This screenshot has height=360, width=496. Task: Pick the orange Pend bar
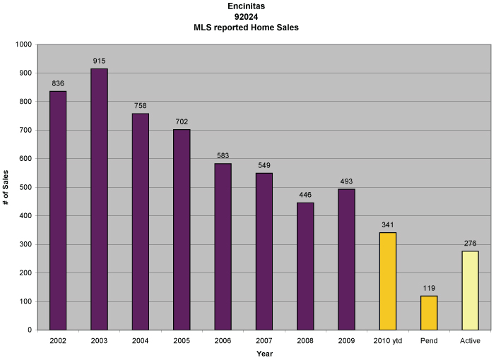[429, 313]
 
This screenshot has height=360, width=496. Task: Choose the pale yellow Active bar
[471, 290]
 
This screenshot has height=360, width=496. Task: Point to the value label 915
[99, 61]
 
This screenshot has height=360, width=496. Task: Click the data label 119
[429, 289]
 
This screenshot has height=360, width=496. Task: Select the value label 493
[346, 182]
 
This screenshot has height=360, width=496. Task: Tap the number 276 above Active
[471, 244]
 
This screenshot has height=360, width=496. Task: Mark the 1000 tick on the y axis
[23, 44]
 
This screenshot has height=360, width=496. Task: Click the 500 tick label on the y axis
[26, 187]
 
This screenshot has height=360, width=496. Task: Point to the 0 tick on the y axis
[30, 330]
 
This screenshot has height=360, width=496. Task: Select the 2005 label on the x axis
[182, 341]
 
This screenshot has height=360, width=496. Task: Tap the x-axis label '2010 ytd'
[388, 341]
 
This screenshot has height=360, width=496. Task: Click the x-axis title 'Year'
[264, 353]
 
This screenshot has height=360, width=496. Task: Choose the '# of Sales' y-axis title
[6, 187]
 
